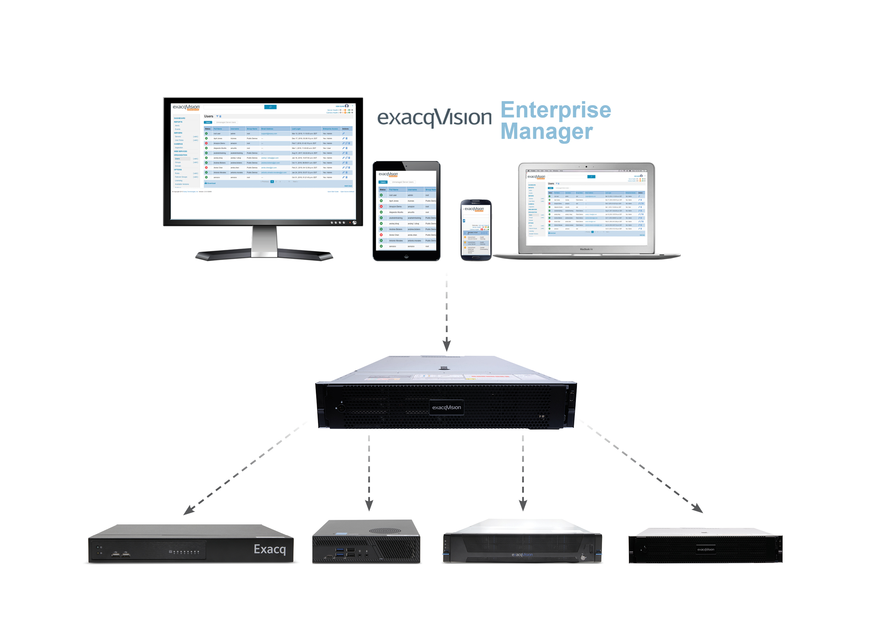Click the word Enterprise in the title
pos(556,110)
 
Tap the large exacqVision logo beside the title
pos(434,117)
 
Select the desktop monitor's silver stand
pos(264,242)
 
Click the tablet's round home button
pos(406,256)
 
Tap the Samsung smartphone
pos(476,230)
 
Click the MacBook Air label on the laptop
pos(586,249)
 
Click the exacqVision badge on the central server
pos(446,408)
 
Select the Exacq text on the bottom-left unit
pos(270,549)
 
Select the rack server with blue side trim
pos(522,543)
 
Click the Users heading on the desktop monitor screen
pos(209,116)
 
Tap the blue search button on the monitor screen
pos(270,107)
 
